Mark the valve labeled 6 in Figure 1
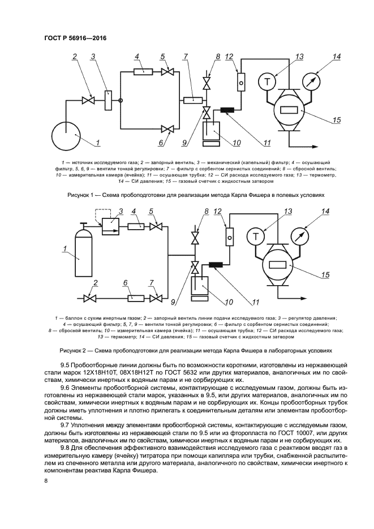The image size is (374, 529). [x=167, y=129]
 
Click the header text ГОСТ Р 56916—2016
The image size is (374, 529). [x=75, y=38]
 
